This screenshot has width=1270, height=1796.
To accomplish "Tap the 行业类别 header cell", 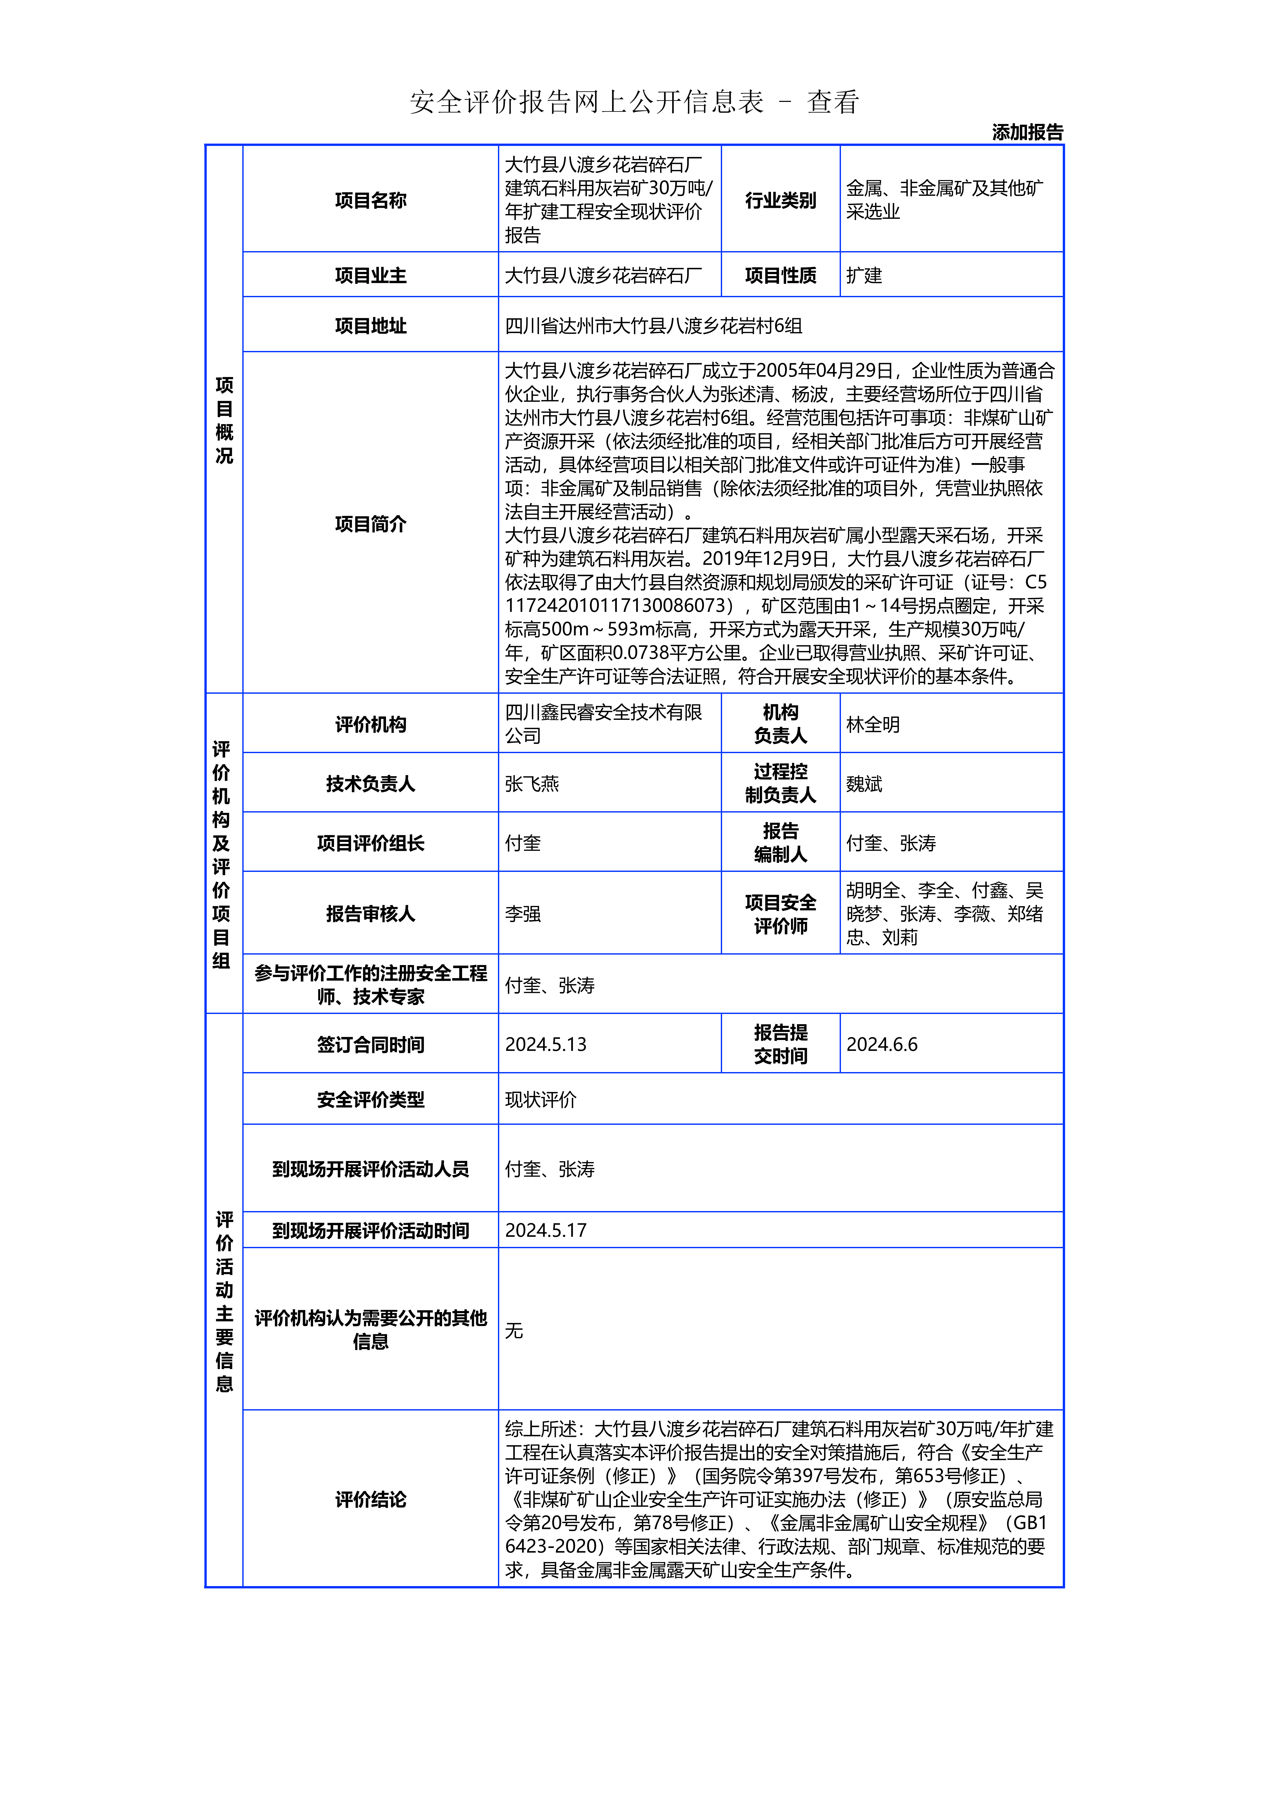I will coord(780,200).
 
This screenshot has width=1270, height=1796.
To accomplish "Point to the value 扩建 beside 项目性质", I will coord(864,275).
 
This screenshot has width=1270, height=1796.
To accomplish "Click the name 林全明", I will coord(872,724).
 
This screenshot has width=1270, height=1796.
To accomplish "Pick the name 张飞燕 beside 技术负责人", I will coord(532,784).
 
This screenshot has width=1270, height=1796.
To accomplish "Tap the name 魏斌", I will coord(864,784).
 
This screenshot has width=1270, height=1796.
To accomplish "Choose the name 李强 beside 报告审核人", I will coord(523,914).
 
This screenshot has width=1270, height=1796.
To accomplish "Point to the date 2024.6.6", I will coord(882,1044).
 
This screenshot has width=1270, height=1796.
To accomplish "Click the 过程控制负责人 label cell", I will coord(780,784).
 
